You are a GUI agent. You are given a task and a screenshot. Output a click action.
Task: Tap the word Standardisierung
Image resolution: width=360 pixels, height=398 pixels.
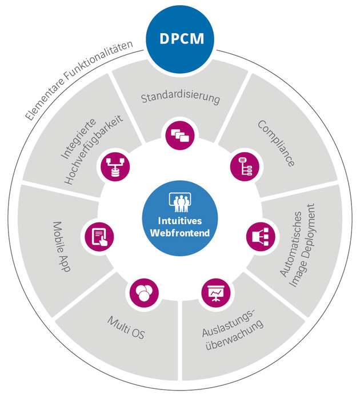pyautogui.click(x=180, y=98)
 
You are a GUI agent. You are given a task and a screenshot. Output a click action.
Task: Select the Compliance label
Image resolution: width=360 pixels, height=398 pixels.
pyautogui.click(x=275, y=143)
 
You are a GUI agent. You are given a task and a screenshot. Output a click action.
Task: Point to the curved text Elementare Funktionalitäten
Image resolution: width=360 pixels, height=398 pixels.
pyautogui.click(x=77, y=79)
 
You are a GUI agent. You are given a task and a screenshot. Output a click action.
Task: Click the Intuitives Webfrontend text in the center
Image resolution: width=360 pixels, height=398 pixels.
pyautogui.click(x=180, y=227)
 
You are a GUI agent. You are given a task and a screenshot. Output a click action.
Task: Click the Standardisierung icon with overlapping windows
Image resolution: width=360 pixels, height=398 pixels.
pyautogui.click(x=180, y=135)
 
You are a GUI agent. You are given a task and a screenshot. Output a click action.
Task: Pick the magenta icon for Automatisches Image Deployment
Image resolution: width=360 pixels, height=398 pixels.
pyautogui.click(x=261, y=235)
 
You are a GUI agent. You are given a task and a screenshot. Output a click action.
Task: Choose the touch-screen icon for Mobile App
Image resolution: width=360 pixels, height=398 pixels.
pyautogui.click(x=99, y=235)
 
